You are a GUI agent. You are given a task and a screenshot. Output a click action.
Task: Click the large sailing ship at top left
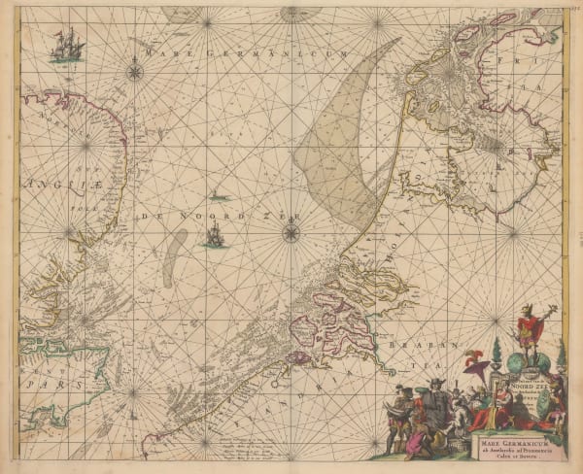65,45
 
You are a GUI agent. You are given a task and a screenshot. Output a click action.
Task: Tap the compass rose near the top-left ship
133,68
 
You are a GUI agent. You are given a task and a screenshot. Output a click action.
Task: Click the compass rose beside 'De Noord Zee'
291,232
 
